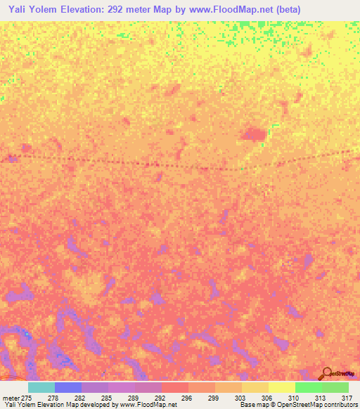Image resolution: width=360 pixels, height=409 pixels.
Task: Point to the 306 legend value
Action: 268,398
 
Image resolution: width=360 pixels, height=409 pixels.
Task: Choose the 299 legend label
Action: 214,398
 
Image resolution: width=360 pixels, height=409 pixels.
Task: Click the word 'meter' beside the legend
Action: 11,398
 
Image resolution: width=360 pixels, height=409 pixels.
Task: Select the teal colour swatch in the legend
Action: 41,387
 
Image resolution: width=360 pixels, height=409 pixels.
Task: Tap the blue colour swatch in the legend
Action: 68,387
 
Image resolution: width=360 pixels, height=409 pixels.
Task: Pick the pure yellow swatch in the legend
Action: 281,387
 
